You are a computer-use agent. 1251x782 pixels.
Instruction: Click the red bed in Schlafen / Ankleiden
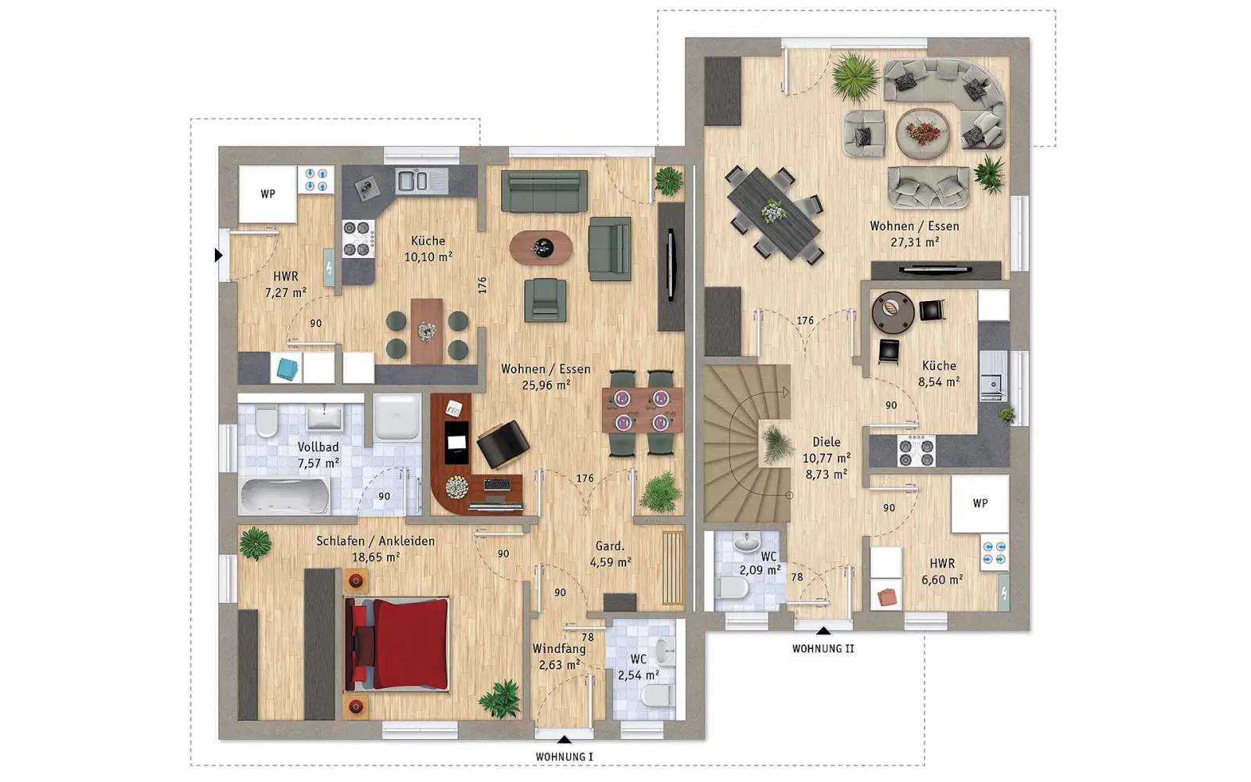(397, 644)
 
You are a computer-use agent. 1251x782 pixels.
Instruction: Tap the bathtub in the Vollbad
(285, 496)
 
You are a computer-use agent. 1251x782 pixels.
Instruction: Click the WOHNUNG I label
(564, 757)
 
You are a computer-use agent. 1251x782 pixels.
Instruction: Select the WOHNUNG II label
(823, 648)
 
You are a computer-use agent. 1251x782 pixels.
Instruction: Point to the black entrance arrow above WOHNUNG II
(823, 631)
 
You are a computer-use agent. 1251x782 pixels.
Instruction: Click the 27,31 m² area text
(914, 242)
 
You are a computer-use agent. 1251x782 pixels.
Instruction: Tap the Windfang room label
(559, 648)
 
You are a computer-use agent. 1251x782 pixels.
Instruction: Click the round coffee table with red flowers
(923, 134)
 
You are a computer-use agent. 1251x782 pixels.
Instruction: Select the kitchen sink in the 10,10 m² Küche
(421, 181)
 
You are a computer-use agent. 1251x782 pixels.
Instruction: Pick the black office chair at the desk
(503, 444)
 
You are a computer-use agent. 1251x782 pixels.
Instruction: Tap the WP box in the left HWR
(268, 194)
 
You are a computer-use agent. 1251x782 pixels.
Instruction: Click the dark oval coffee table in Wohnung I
(540, 247)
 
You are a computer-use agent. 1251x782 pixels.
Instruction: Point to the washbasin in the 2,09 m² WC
(747, 542)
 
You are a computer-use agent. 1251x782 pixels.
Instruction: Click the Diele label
(826, 442)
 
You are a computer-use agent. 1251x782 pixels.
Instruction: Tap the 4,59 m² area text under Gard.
(611, 562)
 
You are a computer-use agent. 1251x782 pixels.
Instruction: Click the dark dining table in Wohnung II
(774, 213)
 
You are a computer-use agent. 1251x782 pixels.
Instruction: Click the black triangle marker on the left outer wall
(218, 255)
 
